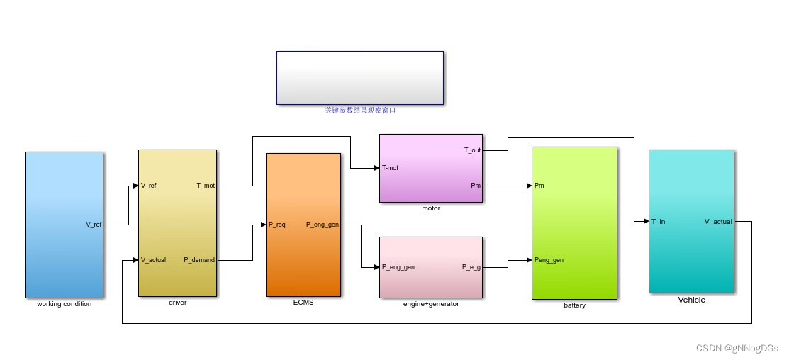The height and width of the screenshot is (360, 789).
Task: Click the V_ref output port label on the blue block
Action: tap(94, 225)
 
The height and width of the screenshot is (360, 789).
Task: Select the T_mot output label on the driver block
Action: tap(206, 186)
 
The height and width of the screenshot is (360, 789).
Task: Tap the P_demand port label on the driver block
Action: tap(199, 260)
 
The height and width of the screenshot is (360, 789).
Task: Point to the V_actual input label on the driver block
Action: tap(153, 260)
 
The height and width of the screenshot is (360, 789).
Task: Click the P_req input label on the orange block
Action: tap(276, 225)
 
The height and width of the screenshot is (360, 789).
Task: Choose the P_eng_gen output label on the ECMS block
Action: tap(323, 225)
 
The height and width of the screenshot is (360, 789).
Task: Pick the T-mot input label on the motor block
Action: tap(391, 168)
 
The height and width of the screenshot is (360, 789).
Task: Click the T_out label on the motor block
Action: tap(472, 150)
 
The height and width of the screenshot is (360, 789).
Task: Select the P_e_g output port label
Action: tap(471, 267)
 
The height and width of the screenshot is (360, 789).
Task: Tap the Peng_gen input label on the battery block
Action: tap(549, 260)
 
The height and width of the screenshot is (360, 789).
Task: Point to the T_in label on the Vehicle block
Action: tap(658, 222)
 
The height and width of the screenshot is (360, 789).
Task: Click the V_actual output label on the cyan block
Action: tap(718, 222)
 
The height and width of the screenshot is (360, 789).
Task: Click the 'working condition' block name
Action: tap(65, 304)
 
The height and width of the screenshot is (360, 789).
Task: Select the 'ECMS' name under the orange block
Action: tap(303, 303)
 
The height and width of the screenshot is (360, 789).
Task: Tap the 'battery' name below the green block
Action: tap(574, 305)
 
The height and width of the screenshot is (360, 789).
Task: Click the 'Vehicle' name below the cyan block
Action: tap(691, 300)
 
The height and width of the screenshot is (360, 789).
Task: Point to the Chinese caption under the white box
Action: tap(360, 110)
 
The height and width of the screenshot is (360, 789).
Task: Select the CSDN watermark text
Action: tap(737, 348)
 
